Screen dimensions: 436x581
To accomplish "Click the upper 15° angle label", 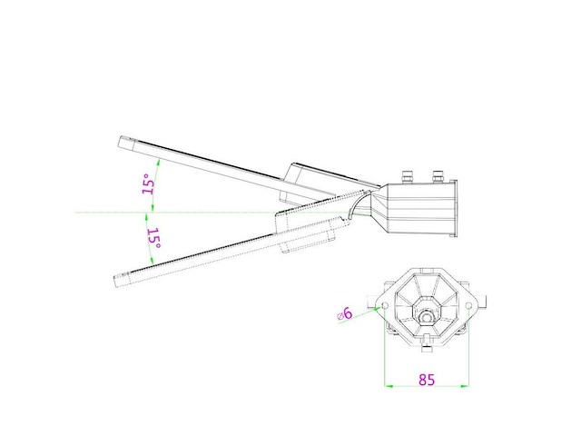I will [x=148, y=183].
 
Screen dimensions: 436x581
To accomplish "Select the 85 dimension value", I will [x=426, y=380].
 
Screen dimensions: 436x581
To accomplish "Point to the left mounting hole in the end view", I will [x=383, y=304].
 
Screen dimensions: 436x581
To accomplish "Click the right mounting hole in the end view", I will [x=468, y=307].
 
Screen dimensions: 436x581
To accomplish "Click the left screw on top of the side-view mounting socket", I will [x=407, y=173].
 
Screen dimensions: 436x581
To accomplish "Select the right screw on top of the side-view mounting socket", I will [x=438, y=173].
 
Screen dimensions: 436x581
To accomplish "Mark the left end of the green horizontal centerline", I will [x=76, y=213].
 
